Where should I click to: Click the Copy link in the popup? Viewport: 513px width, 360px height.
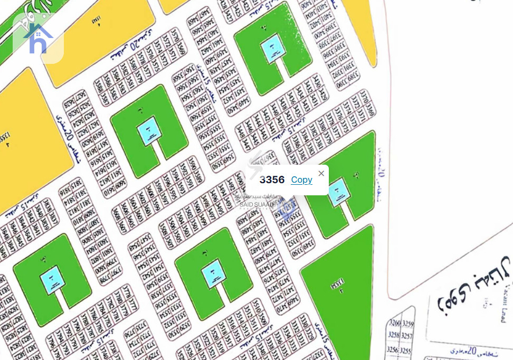tap(301, 180)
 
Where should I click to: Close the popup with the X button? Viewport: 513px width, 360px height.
tap(321, 173)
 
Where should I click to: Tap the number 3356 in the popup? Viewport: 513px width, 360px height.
tap(272, 180)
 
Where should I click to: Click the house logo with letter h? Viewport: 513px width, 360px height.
tap(39, 38)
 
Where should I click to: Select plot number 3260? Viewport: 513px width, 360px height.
tap(394, 323)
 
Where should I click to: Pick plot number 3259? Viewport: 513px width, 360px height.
tap(407, 323)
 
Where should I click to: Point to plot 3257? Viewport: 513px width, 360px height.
tap(407, 336)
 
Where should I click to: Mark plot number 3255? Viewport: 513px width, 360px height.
tap(405, 349)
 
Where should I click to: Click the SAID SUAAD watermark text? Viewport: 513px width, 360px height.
tap(257, 204)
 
